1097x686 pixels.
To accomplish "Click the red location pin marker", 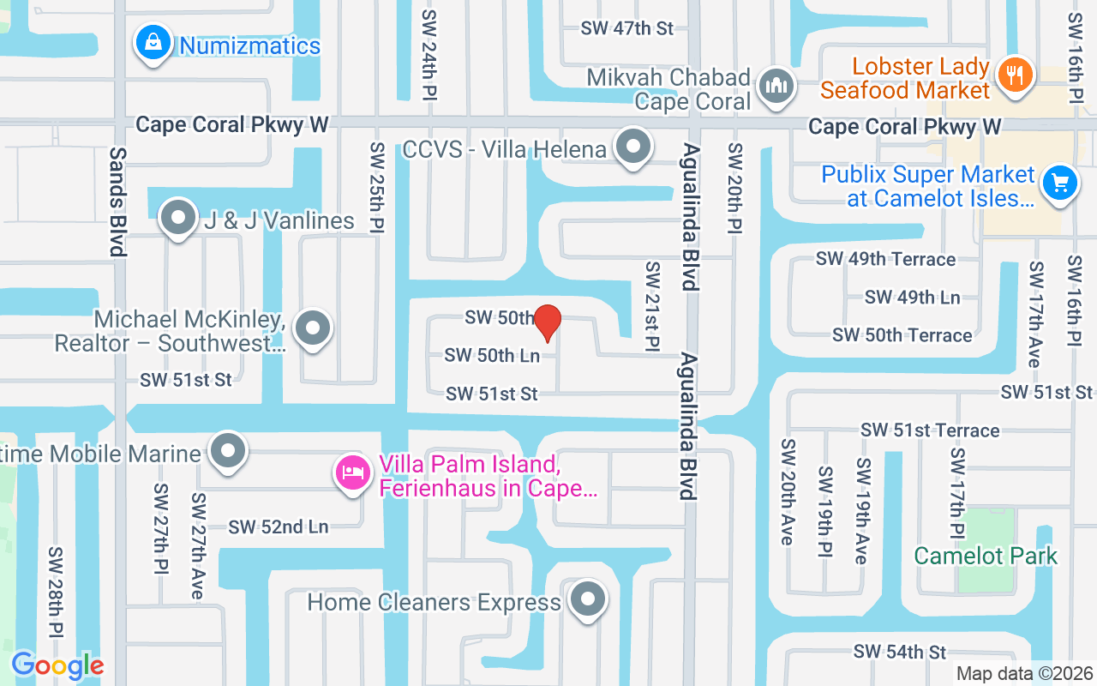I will (x=547, y=323).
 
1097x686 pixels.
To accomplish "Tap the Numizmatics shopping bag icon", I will (x=153, y=43).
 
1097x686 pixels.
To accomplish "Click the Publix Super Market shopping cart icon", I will (x=1060, y=184).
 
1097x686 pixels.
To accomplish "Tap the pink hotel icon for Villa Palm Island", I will (x=353, y=472).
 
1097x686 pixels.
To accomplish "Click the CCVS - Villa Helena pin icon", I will (x=634, y=147).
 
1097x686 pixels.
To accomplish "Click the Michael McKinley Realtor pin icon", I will (x=313, y=328).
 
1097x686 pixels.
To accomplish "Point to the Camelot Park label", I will (x=986, y=556).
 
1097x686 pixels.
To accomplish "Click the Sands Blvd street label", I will (x=117, y=202).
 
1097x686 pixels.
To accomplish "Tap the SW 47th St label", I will (x=627, y=27).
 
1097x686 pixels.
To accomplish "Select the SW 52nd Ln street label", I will (x=279, y=527).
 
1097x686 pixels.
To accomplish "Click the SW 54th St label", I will (x=899, y=652).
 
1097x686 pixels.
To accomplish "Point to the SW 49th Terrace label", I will (x=885, y=259).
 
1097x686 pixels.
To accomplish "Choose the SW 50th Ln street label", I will (x=492, y=355).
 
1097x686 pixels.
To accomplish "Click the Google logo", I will (x=57, y=665).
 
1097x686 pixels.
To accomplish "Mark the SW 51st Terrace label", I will (x=930, y=430).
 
